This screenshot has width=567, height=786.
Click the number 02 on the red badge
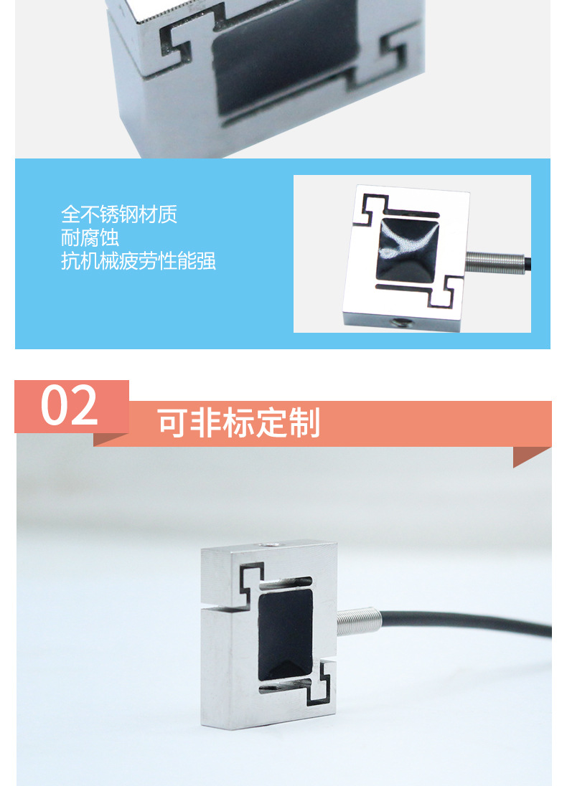tap(69, 405)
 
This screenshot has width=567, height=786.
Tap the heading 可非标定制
tap(239, 423)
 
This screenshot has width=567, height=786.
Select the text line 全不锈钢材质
tap(119, 214)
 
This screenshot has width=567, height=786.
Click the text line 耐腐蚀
tap(90, 237)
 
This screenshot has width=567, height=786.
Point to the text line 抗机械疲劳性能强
tap(139, 261)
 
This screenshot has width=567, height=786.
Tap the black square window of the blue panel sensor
tap(407, 250)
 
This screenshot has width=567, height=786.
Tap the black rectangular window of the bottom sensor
tap(285, 634)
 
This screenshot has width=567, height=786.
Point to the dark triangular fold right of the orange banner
tap(531, 456)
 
